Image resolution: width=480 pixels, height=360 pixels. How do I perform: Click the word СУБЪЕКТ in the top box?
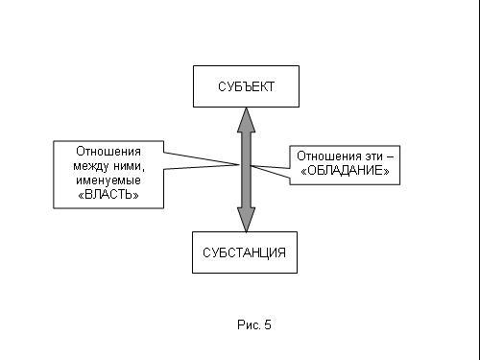pyautogui.click(x=246, y=86)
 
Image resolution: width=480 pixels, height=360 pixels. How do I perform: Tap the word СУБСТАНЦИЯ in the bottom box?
pyautogui.click(x=244, y=252)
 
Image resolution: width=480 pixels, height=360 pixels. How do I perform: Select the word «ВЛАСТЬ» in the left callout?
pyautogui.click(x=108, y=195)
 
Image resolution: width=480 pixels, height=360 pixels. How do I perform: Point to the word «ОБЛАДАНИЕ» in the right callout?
pyautogui.click(x=345, y=171)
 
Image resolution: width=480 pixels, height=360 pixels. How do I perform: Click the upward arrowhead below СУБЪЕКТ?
pyautogui.click(x=246, y=120)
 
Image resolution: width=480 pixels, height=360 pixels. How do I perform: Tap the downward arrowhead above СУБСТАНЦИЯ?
pyautogui.click(x=246, y=220)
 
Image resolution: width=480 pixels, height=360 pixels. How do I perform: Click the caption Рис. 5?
pyautogui.click(x=254, y=324)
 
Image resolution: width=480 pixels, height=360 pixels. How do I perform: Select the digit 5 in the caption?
pyautogui.click(x=268, y=324)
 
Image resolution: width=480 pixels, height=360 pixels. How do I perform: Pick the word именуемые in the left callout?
pyautogui.click(x=108, y=180)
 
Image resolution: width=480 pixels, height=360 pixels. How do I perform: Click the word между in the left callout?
pyautogui.click(x=91, y=166)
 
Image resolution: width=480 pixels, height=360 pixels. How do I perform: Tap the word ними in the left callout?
pyautogui.click(x=129, y=166)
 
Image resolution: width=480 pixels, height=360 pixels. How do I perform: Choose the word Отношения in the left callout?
pyautogui.click(x=108, y=152)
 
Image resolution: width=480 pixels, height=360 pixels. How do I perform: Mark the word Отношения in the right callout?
pyautogui.click(x=329, y=156)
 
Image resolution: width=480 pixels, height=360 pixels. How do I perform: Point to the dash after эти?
pyautogui.click(x=390, y=157)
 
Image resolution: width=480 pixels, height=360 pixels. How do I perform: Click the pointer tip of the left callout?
pyautogui.click(x=239, y=164)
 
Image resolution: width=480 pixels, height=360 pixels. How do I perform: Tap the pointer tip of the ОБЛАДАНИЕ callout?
pyautogui.click(x=251, y=165)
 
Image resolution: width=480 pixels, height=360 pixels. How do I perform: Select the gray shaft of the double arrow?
pyautogui.click(x=246, y=170)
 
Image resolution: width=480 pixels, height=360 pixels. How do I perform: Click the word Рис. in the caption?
pyautogui.click(x=249, y=324)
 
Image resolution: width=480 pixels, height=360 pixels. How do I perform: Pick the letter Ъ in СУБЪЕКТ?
pyautogui.click(x=247, y=86)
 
